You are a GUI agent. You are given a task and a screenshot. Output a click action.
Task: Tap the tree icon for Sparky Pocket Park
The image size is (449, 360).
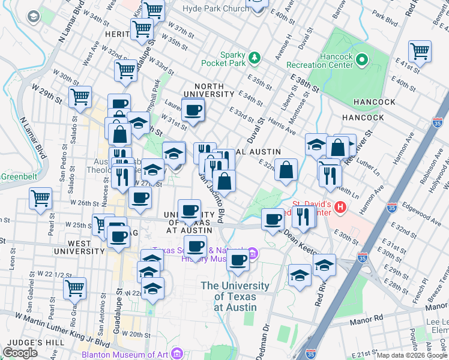(x=256, y=57)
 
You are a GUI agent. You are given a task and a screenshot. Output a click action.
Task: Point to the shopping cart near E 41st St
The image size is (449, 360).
(x=420, y=50)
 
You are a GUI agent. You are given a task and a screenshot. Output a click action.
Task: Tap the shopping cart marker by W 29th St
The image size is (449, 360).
(x=80, y=97)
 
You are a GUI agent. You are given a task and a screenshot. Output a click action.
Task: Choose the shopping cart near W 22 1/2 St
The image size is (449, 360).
(x=74, y=288)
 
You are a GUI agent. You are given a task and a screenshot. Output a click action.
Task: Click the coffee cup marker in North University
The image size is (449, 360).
(x=193, y=110)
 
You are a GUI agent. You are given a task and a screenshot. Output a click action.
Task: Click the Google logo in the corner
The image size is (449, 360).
(x=20, y=353)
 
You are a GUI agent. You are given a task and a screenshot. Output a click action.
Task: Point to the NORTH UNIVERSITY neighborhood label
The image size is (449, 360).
(x=209, y=89)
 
